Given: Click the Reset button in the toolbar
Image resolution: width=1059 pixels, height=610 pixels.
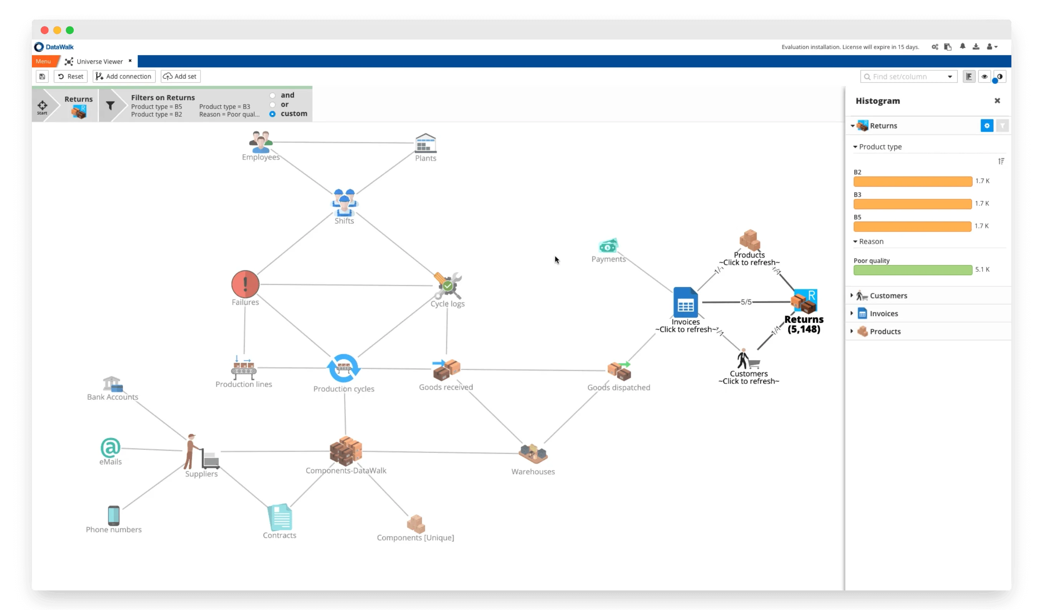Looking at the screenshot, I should click(70, 76).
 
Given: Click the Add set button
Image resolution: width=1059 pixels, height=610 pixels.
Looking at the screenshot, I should click(181, 76).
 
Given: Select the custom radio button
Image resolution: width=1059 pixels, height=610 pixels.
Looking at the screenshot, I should click(272, 114).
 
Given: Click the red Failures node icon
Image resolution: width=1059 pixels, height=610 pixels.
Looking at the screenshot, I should click(245, 284).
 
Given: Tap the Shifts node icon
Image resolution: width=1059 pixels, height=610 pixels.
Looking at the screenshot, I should click(344, 203).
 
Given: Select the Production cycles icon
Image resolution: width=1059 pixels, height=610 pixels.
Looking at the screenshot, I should click(344, 368).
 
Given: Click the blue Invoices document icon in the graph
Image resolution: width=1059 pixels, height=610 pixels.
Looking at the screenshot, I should click(685, 303).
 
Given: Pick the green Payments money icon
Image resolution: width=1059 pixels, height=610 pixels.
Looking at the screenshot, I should click(608, 246).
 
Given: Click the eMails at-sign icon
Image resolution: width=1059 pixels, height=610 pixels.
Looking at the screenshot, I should click(111, 448).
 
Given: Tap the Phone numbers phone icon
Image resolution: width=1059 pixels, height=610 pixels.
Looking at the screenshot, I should click(114, 515).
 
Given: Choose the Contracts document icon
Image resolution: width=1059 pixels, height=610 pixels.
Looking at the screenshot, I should click(280, 517).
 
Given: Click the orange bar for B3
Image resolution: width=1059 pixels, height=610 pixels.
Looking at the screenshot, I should click(912, 204).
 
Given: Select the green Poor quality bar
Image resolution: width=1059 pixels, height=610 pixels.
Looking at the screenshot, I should click(912, 270).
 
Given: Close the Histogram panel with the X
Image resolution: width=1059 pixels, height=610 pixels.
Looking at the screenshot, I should click(997, 101).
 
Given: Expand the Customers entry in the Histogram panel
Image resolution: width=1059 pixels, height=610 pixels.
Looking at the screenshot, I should click(852, 295).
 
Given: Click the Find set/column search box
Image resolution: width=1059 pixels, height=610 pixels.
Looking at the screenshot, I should click(905, 77).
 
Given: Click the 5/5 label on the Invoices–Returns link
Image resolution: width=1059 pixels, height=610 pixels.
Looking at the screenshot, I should click(746, 302).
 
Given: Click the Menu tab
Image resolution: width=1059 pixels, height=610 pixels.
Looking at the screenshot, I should click(43, 61).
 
